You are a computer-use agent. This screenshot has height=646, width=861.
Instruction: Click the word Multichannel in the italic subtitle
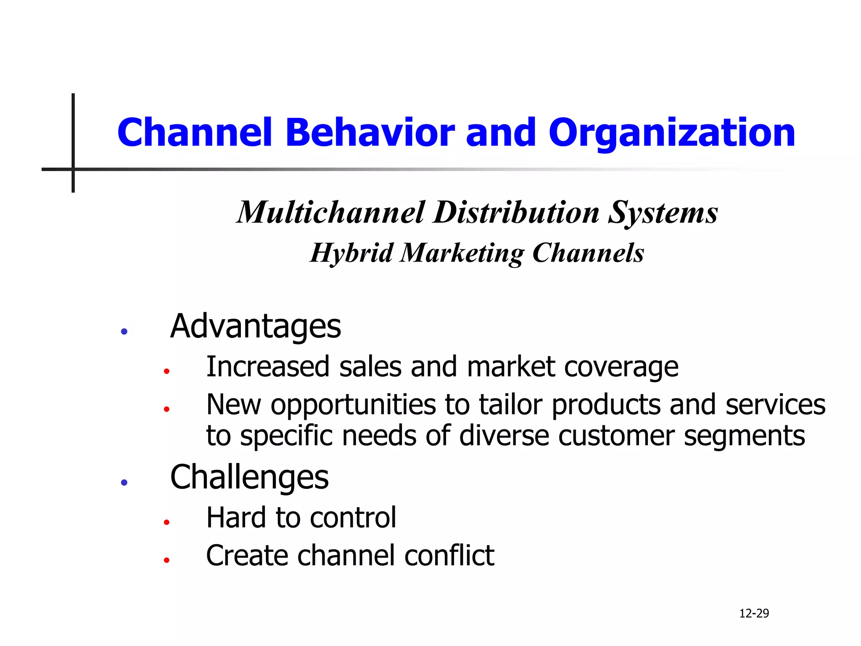(x=330, y=212)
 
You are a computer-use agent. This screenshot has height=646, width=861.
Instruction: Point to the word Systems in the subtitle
(x=663, y=213)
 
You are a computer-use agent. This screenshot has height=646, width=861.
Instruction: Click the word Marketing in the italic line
(x=462, y=253)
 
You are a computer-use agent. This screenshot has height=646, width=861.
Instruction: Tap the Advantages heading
(x=255, y=326)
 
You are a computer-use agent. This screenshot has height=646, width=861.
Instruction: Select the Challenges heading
(x=249, y=477)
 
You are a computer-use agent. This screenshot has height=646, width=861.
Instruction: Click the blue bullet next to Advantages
(x=124, y=331)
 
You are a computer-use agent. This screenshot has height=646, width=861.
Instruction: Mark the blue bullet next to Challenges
(x=124, y=482)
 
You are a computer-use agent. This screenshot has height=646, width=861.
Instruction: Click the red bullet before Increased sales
(x=166, y=371)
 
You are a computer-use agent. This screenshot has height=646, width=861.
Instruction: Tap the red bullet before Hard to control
(x=166, y=522)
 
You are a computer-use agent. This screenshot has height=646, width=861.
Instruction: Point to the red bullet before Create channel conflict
(x=166, y=560)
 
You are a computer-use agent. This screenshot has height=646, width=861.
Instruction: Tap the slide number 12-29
(x=754, y=613)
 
